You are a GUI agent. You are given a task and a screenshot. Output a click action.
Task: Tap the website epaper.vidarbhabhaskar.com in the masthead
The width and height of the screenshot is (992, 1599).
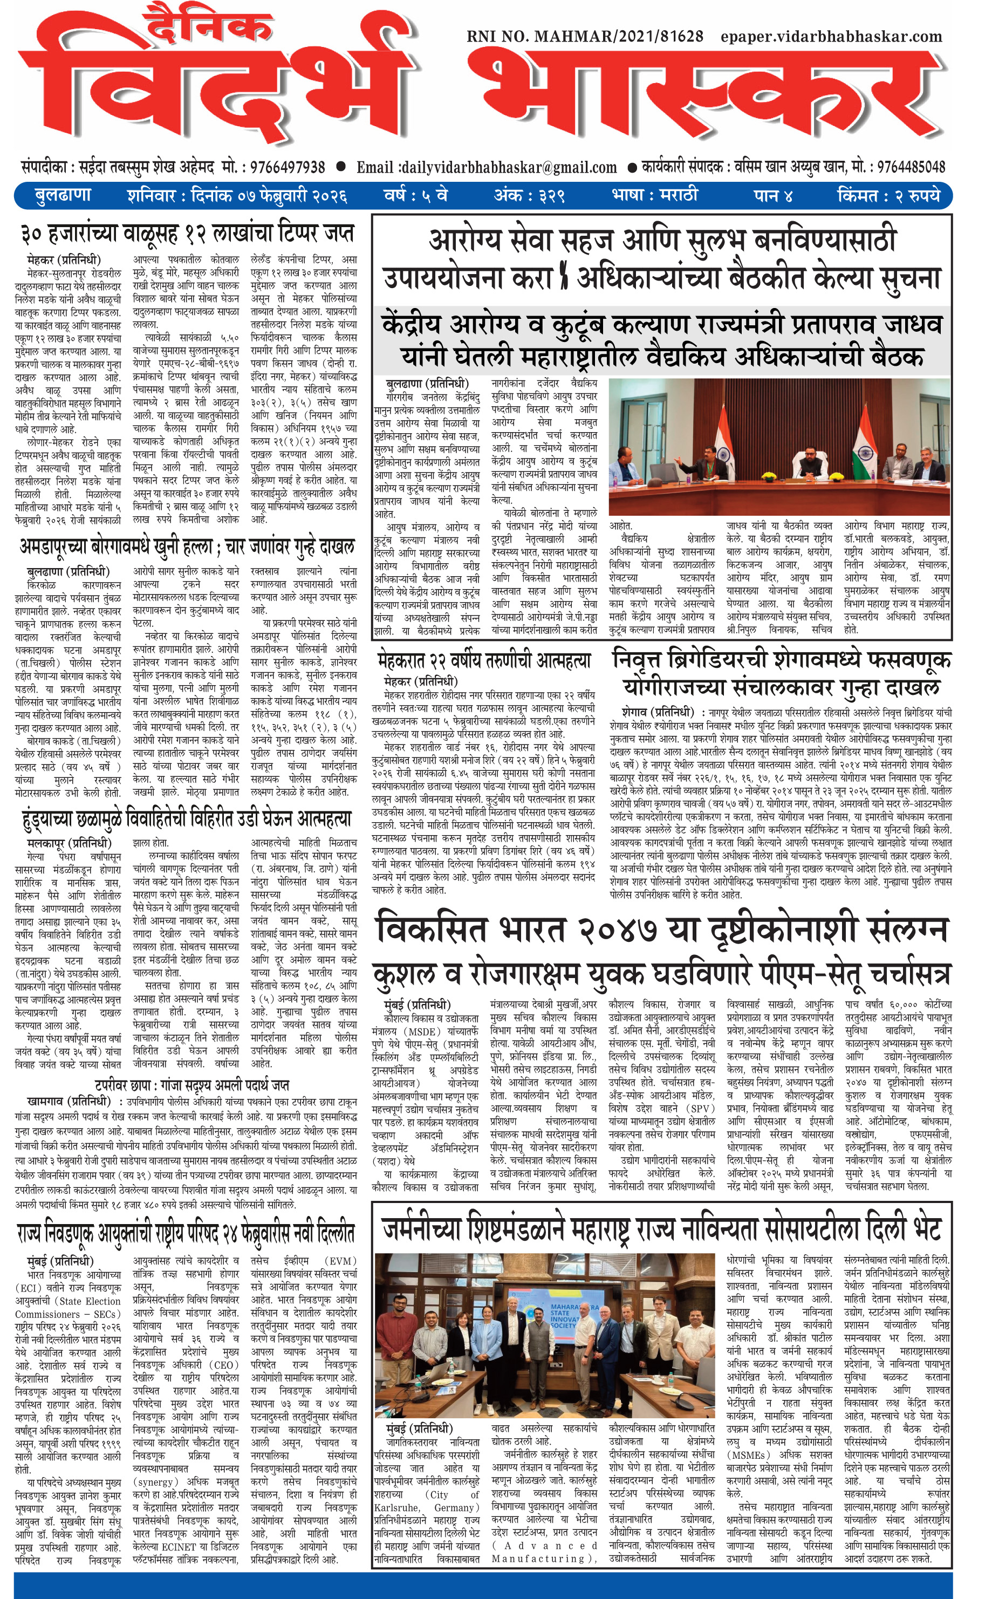tap(831, 37)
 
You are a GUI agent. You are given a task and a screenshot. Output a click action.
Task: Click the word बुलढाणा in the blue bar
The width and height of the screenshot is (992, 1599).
tap(63, 195)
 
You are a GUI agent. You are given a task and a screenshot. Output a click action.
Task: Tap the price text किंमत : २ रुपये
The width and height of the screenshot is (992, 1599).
tap(888, 195)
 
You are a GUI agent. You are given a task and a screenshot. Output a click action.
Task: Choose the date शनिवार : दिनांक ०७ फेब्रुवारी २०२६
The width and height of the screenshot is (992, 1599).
tap(237, 195)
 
